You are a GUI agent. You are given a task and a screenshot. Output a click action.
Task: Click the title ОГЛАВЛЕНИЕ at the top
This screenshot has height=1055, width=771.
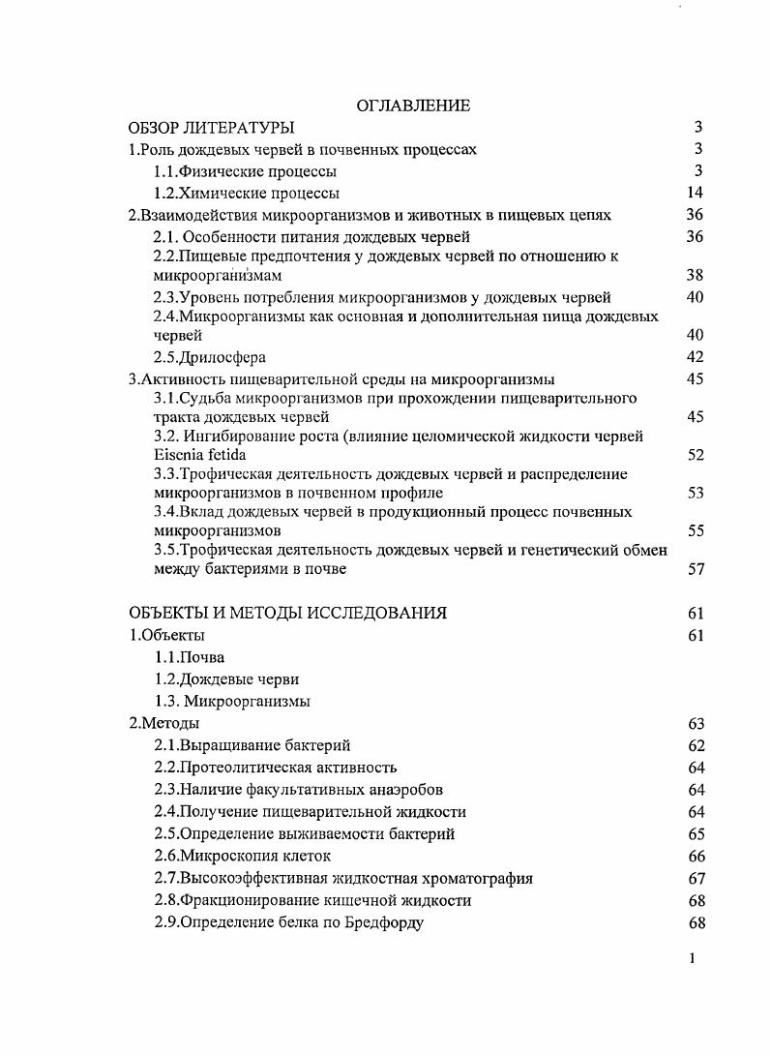(413, 105)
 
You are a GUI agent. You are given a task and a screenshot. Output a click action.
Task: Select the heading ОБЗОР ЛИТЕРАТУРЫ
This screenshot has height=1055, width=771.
(212, 128)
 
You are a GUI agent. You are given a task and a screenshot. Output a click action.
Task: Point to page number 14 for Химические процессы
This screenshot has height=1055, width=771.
(694, 193)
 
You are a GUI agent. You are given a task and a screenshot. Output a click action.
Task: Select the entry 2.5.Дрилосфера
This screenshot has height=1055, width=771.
(210, 357)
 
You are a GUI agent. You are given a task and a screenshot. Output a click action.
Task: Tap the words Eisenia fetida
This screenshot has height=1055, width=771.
(199, 455)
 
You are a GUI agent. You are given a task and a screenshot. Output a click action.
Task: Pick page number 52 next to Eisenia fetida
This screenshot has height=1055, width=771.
(694, 455)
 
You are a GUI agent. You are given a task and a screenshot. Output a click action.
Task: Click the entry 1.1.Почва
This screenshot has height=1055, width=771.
(190, 657)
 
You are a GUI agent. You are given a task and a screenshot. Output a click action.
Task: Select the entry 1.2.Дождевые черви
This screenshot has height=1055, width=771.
(226, 679)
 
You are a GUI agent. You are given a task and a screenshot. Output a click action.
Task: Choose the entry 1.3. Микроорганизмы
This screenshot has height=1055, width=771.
(232, 702)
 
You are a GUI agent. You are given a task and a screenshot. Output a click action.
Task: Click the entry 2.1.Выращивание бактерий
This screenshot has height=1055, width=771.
(252, 745)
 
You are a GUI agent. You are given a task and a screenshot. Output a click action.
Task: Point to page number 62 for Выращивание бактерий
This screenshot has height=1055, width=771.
(694, 745)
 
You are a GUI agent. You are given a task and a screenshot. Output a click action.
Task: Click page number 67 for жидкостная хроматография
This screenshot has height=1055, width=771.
(694, 878)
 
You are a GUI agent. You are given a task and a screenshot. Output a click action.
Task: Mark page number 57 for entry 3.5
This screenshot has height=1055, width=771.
(694, 569)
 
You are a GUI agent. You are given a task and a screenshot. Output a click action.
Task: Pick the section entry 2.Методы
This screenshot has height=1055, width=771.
(164, 723)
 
